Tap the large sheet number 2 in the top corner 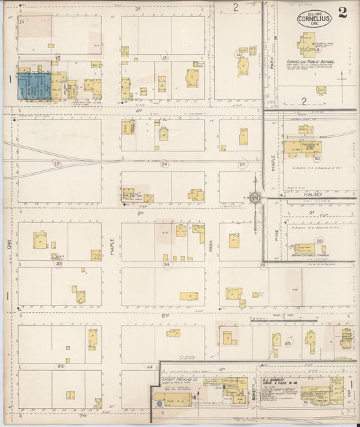click(x=344, y=14)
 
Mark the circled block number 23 click(x=57, y=164)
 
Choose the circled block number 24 click(x=163, y=164)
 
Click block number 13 click(x=164, y=58)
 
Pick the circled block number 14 click(x=238, y=53)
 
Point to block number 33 click(x=59, y=263)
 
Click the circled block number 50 click(x=317, y=157)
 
